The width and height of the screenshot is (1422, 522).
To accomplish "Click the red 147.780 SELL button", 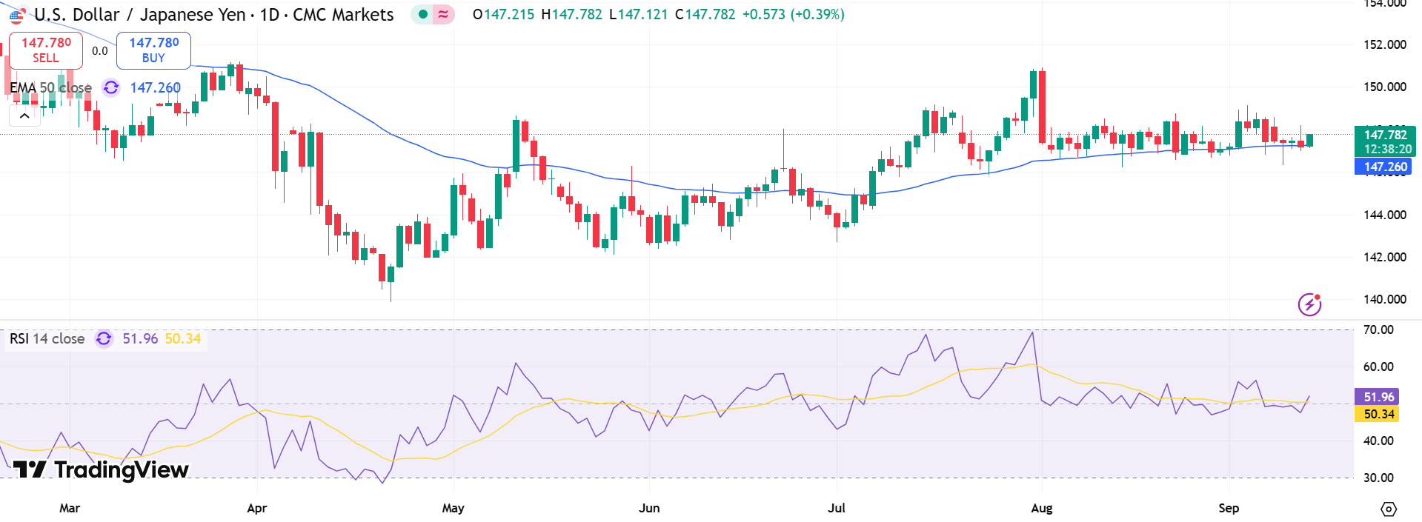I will coord(46,50).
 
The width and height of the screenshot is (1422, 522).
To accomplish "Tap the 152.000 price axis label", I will coord(1384,44).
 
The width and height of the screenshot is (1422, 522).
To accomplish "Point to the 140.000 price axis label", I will coord(1384,299).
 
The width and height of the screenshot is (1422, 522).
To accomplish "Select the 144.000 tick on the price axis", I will coord(1384,215).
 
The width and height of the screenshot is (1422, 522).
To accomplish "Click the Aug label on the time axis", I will coord(1041,508).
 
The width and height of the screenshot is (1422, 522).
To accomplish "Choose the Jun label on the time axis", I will coord(649,508).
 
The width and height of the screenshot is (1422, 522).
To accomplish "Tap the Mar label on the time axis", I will coord(70,508).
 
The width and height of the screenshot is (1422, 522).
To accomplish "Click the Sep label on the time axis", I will coord(1229,508).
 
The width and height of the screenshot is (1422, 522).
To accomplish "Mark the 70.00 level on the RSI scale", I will coord(1378,329).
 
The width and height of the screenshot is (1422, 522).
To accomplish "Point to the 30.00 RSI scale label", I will coord(1378,478).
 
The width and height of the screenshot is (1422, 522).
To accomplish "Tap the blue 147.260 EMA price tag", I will coord(1383,167).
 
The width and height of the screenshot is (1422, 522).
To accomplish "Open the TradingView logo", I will coord(101,469).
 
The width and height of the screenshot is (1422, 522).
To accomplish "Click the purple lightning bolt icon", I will coord(1309,304).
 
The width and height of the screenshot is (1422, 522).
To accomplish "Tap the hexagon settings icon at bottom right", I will coord(1389,509).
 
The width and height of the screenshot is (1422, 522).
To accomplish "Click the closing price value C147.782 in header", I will coord(705,14).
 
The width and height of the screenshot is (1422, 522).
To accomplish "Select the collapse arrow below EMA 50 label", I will coord(24,116).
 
